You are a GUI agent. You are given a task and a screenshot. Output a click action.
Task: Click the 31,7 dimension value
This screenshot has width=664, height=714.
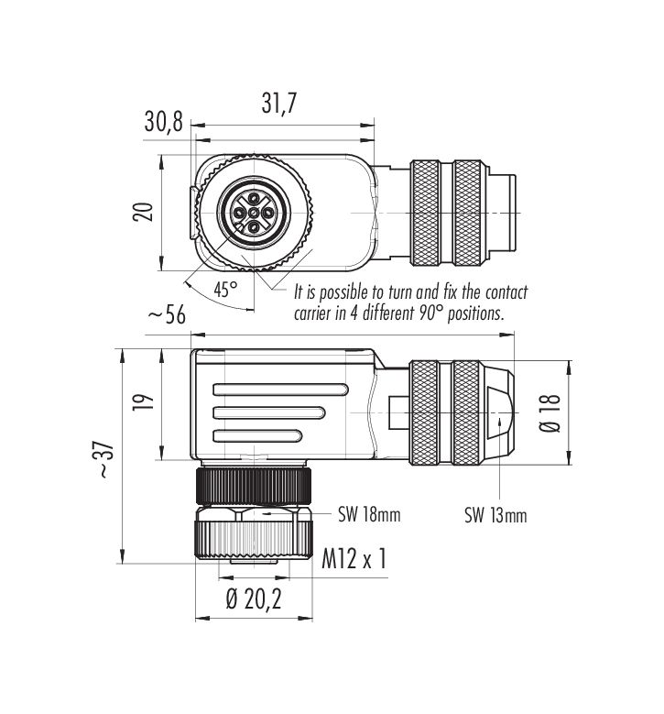coord(278,103)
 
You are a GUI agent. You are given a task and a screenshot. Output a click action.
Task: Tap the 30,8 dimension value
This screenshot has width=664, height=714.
coord(163,122)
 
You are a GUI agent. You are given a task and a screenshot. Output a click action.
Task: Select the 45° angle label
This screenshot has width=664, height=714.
coord(225,289)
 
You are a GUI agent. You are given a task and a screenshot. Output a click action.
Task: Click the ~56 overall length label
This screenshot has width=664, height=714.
coord(168,314)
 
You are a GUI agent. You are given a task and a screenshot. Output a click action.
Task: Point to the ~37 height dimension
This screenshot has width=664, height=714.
coord(104,459)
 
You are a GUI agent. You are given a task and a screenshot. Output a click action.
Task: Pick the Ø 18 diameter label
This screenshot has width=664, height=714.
coord(550,413)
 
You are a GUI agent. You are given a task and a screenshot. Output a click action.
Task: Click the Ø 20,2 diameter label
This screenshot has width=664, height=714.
coord(254,599)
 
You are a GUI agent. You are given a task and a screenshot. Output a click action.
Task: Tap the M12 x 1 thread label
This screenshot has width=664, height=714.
coord(354,558)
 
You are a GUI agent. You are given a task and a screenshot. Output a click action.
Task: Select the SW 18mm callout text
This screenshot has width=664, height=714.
coord(369,514)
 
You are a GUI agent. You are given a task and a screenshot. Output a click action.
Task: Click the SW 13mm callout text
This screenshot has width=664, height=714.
coord(495,515)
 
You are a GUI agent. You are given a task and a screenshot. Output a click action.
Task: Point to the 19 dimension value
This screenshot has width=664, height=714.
coord(144,402)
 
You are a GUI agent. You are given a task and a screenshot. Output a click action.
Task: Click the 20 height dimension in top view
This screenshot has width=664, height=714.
coord(143,213)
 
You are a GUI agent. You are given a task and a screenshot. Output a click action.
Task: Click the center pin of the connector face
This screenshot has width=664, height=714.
coord(254,213)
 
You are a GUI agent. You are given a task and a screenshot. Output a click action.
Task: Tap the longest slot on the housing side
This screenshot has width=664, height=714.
coord(281,390)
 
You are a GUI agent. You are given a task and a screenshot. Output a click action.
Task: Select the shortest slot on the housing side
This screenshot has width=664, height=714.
coord(257,436)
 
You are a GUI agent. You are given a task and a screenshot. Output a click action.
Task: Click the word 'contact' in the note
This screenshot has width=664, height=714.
coord(506,292)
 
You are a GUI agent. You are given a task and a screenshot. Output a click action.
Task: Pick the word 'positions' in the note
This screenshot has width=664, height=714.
coord(475,314)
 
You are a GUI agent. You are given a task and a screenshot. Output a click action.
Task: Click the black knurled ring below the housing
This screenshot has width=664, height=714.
coord(254,486)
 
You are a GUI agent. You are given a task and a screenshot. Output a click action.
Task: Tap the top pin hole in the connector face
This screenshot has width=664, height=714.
coord(254,198)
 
